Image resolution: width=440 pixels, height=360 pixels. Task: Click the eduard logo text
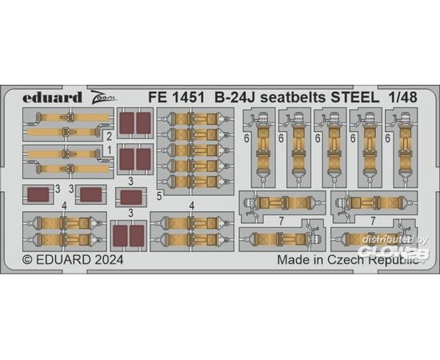[x=52, y=98]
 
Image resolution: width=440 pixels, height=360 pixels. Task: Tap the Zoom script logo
[x=102, y=98]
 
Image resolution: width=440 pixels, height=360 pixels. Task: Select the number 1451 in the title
[x=188, y=98]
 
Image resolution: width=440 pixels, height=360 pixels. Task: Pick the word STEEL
[x=355, y=98]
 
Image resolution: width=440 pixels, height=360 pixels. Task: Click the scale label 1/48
[x=403, y=98]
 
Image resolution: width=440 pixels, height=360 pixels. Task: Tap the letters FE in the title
[x=158, y=98]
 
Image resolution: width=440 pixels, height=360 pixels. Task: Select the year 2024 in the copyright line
[x=109, y=260]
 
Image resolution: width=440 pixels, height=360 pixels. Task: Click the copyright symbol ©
[x=27, y=260]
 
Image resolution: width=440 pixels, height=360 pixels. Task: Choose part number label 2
[x=109, y=137]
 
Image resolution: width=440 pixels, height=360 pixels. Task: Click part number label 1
[x=110, y=150]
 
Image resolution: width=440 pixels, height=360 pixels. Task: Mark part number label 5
[x=159, y=197]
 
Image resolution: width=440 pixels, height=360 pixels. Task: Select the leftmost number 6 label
[x=246, y=138]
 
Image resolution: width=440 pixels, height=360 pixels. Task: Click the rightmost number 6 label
[x=388, y=138]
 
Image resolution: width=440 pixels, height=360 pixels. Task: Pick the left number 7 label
[x=281, y=222]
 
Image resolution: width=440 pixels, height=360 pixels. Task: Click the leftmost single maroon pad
[x=38, y=194]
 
